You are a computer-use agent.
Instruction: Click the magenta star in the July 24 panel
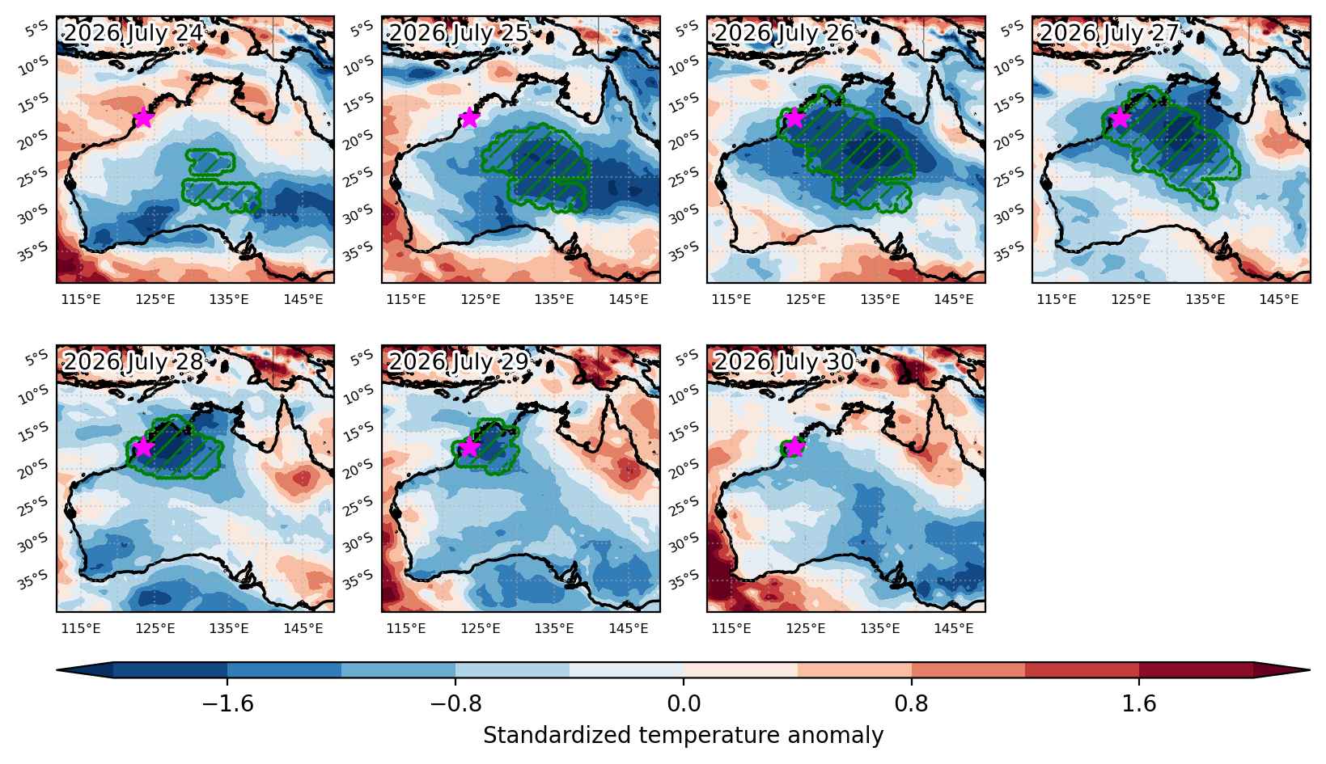(143, 118)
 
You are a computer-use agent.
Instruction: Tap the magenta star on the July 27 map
(1120, 118)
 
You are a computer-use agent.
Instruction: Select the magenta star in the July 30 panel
(794, 447)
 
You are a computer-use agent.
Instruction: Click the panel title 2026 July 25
(458, 32)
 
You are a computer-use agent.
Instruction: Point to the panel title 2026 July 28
(133, 361)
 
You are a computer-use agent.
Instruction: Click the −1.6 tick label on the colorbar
(227, 703)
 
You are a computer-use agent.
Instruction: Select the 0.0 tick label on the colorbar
(683, 703)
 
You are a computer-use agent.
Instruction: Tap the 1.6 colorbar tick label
(1139, 703)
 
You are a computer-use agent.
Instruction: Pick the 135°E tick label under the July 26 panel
(879, 299)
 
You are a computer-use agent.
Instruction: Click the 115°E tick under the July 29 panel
(406, 628)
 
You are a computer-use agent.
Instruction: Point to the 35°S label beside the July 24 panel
(33, 251)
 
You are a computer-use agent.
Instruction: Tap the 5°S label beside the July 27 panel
(1012, 28)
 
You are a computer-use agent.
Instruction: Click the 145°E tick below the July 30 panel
(954, 628)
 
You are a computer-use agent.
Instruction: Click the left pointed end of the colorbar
(57, 670)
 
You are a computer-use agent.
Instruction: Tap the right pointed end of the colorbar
(1309, 670)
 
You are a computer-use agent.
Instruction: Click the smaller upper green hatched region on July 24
(210, 162)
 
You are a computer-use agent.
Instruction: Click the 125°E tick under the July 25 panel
(480, 299)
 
